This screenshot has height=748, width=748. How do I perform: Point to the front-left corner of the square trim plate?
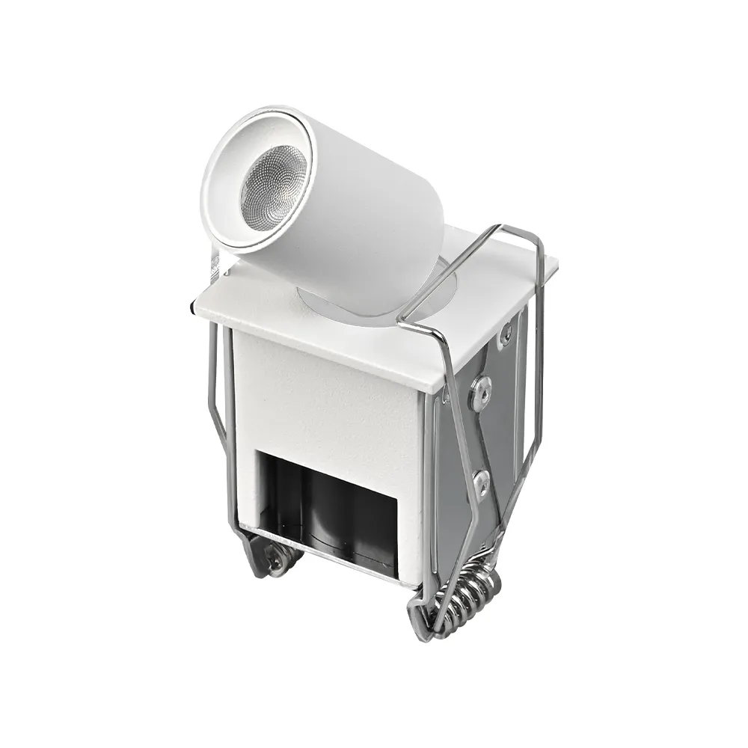click(x=193, y=308)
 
